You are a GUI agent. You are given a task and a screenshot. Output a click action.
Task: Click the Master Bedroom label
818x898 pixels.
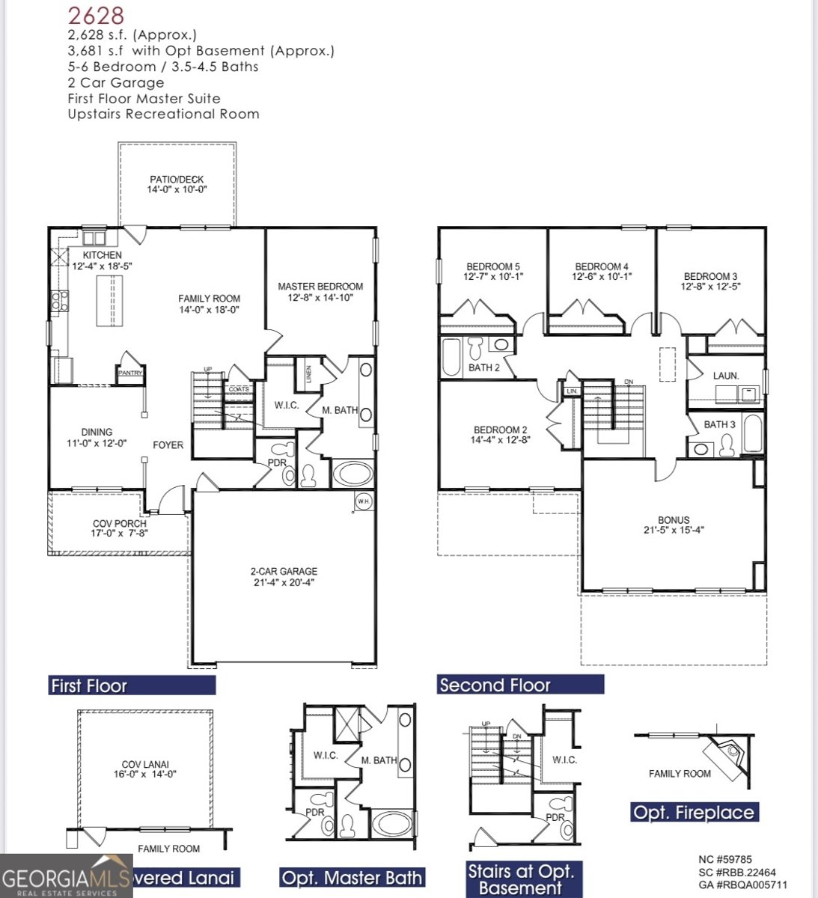tap(320, 287)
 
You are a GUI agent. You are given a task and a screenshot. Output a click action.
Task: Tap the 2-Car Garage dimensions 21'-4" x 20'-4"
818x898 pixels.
tap(284, 582)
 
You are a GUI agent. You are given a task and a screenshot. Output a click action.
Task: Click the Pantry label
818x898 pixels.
tap(129, 373)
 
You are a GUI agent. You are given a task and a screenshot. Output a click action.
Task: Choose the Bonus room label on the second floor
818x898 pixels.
tap(674, 520)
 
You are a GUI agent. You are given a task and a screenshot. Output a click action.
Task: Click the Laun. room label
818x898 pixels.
tap(725, 376)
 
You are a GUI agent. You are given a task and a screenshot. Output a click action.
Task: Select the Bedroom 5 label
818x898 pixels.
tap(492, 267)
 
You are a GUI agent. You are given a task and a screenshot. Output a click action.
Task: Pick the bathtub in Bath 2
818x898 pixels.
tap(451, 357)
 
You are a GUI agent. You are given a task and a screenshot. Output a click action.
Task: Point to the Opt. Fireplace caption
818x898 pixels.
tap(694, 813)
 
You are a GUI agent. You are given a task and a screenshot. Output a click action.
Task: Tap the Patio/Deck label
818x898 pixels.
tap(177, 180)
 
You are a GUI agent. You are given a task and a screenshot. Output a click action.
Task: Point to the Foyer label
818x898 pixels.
tap(168, 445)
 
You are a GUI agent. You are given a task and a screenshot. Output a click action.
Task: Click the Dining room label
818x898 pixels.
tap(97, 433)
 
